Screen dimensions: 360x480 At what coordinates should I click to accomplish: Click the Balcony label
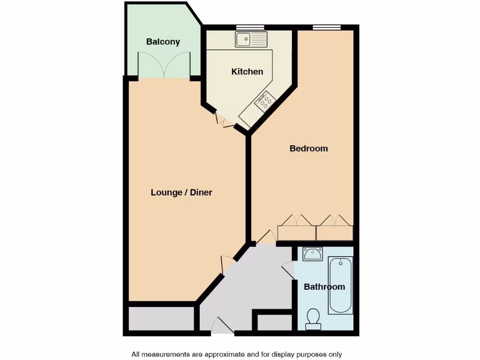(x=163, y=42)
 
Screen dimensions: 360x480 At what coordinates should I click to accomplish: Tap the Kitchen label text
(x=247, y=72)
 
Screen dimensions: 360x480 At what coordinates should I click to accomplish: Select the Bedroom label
(x=308, y=149)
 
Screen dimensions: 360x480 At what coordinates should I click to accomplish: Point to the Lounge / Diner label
(x=181, y=192)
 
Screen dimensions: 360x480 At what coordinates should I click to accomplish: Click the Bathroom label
(x=324, y=287)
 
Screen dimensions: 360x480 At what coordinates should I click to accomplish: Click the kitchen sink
(x=251, y=40)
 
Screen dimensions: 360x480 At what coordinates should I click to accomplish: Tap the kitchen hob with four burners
(x=265, y=101)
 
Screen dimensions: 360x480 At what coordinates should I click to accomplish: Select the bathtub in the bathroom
(x=340, y=285)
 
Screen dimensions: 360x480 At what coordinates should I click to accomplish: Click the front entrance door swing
(x=222, y=326)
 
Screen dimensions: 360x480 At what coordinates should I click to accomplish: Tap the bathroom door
(x=288, y=271)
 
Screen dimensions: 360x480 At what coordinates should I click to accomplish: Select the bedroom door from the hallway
(x=266, y=238)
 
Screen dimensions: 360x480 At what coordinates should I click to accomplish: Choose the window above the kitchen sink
(x=250, y=27)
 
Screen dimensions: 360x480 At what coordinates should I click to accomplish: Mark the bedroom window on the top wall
(x=327, y=27)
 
